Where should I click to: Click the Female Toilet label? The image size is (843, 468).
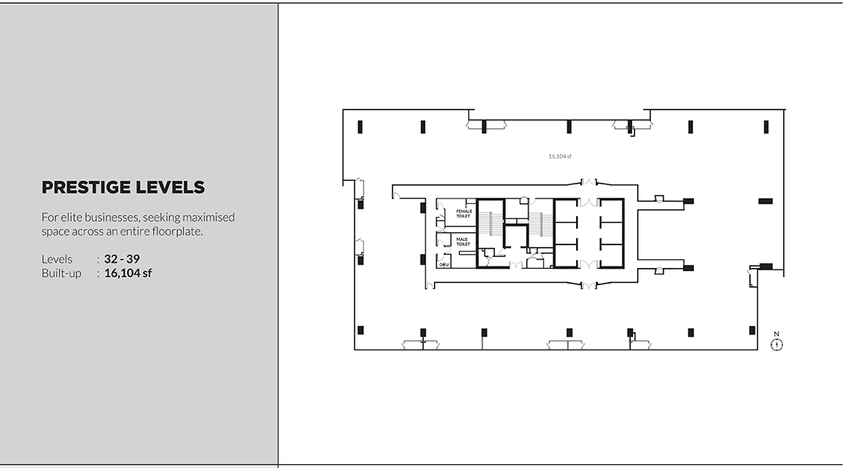[x=464, y=213]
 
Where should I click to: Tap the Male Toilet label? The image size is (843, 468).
[x=462, y=241]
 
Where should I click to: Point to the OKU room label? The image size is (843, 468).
[x=443, y=265]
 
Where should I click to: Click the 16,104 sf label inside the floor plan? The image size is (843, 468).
[x=560, y=156]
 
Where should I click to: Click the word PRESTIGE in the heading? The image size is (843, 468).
[x=86, y=188]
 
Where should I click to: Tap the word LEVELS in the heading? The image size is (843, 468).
[x=170, y=188]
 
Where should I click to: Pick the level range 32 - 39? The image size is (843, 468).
[x=122, y=259]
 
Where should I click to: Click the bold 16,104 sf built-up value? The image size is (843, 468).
[x=128, y=273]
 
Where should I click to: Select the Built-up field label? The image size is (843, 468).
[x=62, y=273]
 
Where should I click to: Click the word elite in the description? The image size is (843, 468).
[x=71, y=217]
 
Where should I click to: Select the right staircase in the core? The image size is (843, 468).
[x=540, y=223]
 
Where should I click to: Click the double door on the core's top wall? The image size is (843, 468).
[x=589, y=181]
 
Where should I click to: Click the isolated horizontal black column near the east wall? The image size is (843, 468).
[x=766, y=202]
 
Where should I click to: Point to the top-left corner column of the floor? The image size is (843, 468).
[x=360, y=127]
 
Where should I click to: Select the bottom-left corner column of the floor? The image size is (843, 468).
[x=360, y=330]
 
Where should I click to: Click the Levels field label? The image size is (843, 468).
[x=56, y=259]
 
